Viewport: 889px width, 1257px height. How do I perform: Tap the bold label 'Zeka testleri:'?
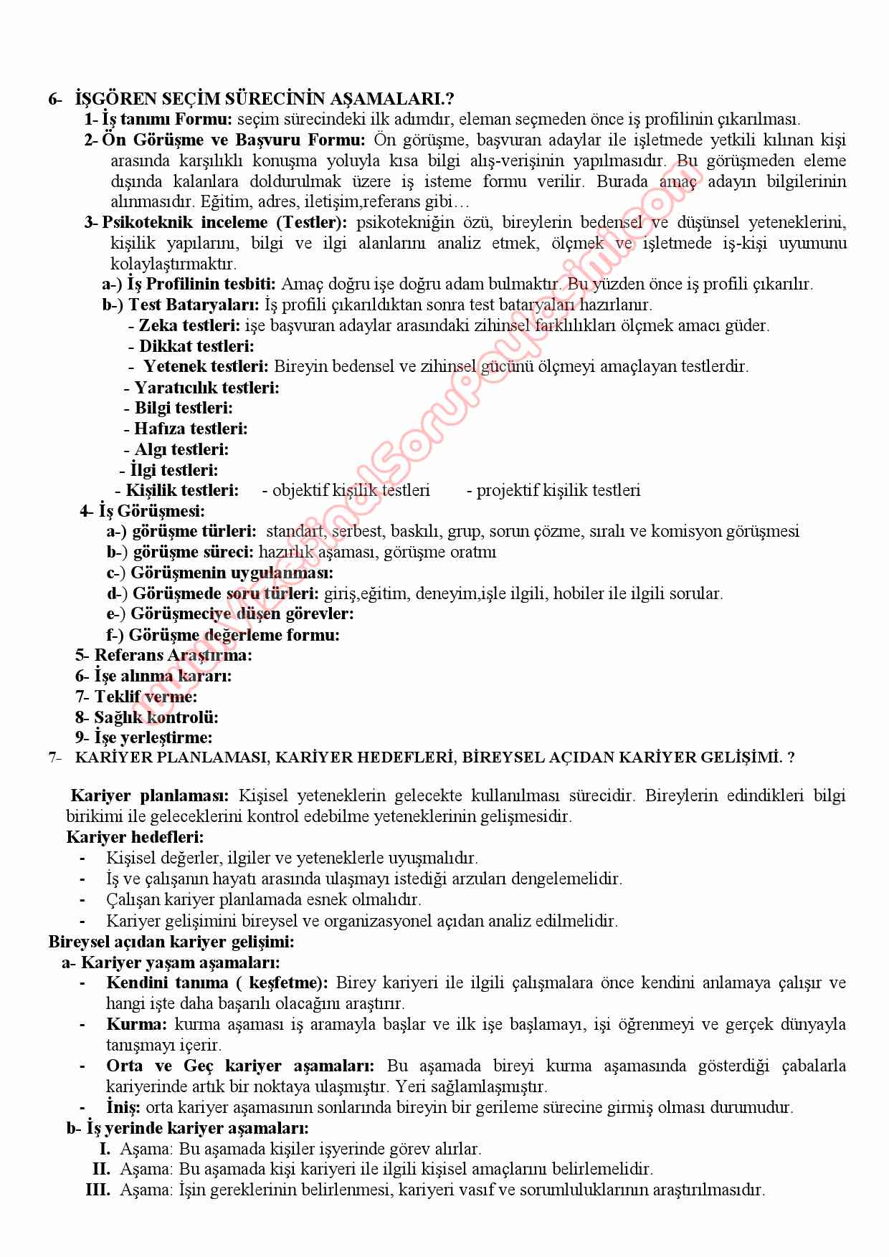[x=189, y=325]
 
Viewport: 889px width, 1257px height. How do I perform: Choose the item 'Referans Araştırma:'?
[x=173, y=655]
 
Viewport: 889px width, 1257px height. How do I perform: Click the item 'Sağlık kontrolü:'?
[x=156, y=717]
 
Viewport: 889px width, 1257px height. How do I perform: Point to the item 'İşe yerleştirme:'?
[x=153, y=737]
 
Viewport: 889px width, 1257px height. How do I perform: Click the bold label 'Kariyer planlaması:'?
[x=150, y=795]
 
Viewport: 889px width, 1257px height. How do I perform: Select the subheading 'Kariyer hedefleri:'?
[x=135, y=837]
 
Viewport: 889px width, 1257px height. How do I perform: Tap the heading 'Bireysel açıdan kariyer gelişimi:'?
[x=171, y=941]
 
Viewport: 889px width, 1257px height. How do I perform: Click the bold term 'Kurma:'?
[x=136, y=1024]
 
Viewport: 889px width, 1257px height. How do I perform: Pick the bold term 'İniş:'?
[x=123, y=1107]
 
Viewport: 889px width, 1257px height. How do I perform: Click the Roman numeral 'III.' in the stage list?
[x=98, y=1190]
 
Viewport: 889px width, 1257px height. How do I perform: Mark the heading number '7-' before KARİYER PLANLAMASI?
[x=55, y=757]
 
